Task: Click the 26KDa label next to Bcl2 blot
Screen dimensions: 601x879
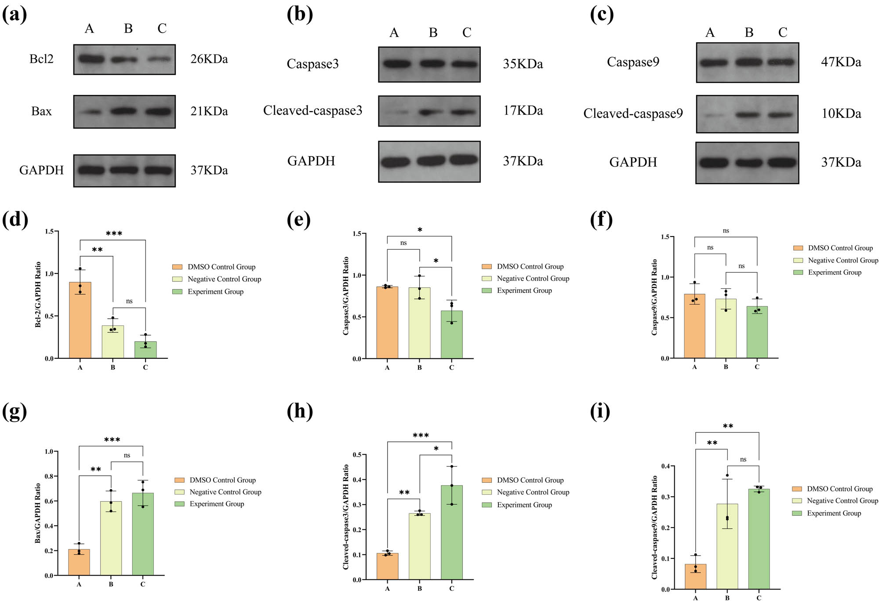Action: point(209,59)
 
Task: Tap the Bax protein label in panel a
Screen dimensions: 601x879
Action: point(41,111)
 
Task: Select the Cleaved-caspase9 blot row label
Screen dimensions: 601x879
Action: point(633,113)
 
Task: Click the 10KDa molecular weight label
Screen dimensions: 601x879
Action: point(841,113)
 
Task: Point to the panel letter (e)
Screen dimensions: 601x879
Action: point(299,219)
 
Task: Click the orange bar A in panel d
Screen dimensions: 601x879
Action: point(80,321)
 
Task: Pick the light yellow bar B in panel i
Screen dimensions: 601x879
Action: point(727,547)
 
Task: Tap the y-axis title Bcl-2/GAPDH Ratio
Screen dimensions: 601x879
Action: point(38,295)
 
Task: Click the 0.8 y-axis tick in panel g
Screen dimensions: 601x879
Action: point(49,476)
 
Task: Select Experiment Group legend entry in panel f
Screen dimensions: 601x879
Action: point(834,273)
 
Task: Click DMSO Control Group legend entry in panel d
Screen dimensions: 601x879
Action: point(221,267)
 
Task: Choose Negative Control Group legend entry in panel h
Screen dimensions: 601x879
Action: point(533,492)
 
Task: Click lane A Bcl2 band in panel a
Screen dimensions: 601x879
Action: point(91,59)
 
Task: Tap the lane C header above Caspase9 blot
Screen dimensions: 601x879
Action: point(782,33)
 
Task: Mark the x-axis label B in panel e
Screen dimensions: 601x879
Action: point(419,368)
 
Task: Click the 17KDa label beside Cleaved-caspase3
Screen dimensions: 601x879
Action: point(523,111)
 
